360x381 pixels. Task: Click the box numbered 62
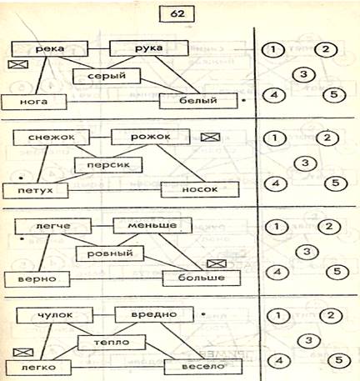click(177, 13)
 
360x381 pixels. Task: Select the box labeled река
click(50, 49)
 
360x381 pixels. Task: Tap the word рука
click(149, 48)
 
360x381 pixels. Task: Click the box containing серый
click(107, 76)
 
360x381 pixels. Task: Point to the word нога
click(33, 102)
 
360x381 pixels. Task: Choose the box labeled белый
click(198, 101)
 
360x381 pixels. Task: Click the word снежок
click(52, 137)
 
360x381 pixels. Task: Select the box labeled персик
click(108, 165)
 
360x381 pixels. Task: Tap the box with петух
click(35, 191)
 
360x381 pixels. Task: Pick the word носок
click(200, 189)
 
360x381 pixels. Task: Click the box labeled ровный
click(110, 253)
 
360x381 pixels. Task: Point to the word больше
click(202, 278)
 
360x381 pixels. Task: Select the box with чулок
click(55, 315)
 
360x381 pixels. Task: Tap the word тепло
click(112, 342)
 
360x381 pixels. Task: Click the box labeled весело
click(203, 367)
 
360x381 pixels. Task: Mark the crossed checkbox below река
click(18, 65)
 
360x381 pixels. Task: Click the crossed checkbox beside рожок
click(210, 137)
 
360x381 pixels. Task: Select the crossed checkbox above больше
click(217, 263)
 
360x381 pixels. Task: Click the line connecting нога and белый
click(113, 102)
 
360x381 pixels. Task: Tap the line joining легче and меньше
click(102, 226)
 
